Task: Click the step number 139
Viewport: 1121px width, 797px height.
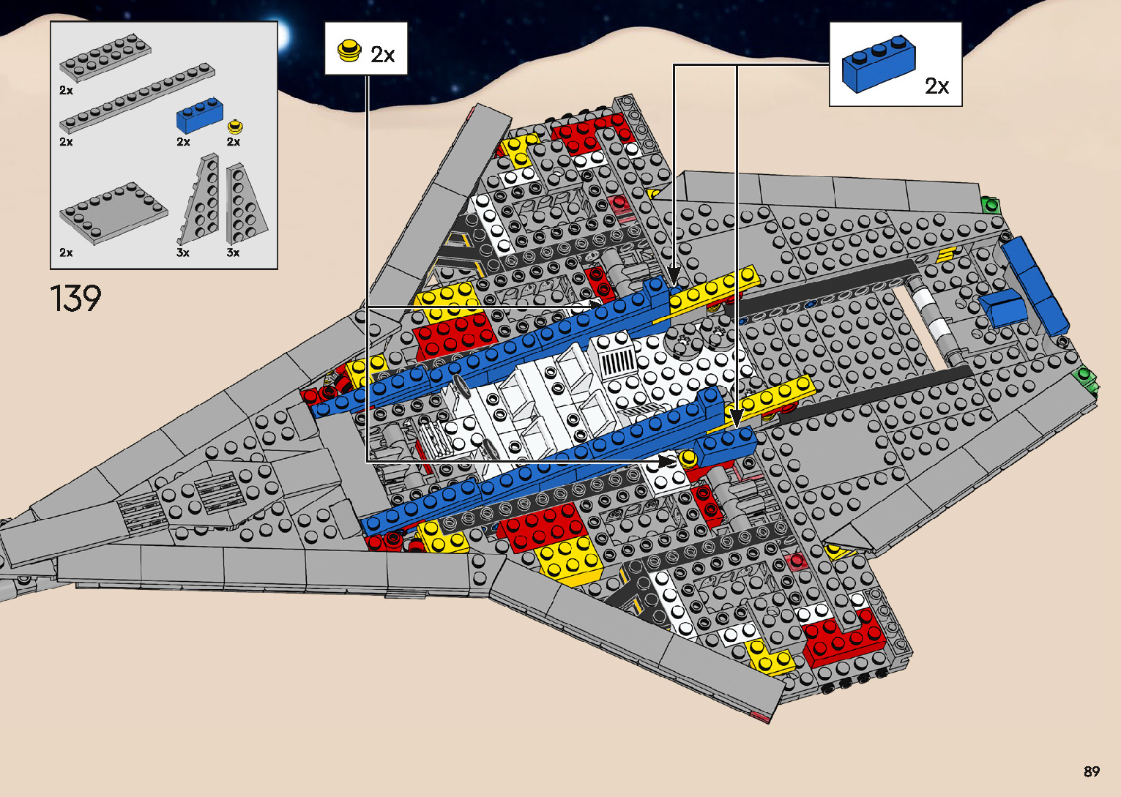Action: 75,299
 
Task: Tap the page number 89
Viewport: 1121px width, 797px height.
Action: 1091,771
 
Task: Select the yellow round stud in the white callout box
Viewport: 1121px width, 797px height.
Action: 349,50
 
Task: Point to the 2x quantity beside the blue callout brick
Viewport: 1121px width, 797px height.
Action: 936,86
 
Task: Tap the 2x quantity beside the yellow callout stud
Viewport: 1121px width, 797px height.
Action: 383,55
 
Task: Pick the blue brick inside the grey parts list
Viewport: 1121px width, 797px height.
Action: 200,116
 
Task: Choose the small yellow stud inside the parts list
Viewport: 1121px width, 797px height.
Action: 235,126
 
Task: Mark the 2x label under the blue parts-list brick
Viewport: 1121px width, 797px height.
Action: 183,142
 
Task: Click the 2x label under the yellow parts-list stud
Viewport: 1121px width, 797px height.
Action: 234,142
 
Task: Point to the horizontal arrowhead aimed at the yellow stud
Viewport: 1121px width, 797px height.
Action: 667,462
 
